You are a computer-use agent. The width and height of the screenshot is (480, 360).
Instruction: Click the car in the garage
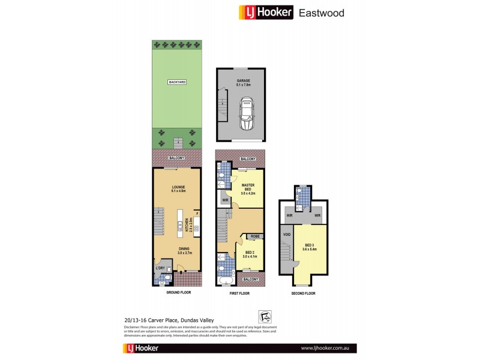(246, 113)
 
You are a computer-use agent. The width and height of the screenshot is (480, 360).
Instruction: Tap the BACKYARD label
(177, 81)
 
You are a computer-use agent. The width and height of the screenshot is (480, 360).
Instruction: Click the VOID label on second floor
(286, 235)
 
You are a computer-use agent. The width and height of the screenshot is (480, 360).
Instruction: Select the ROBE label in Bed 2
(254, 237)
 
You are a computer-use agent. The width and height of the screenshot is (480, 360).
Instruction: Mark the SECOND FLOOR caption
(302, 293)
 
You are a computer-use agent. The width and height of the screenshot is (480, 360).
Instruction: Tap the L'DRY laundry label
(160, 268)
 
